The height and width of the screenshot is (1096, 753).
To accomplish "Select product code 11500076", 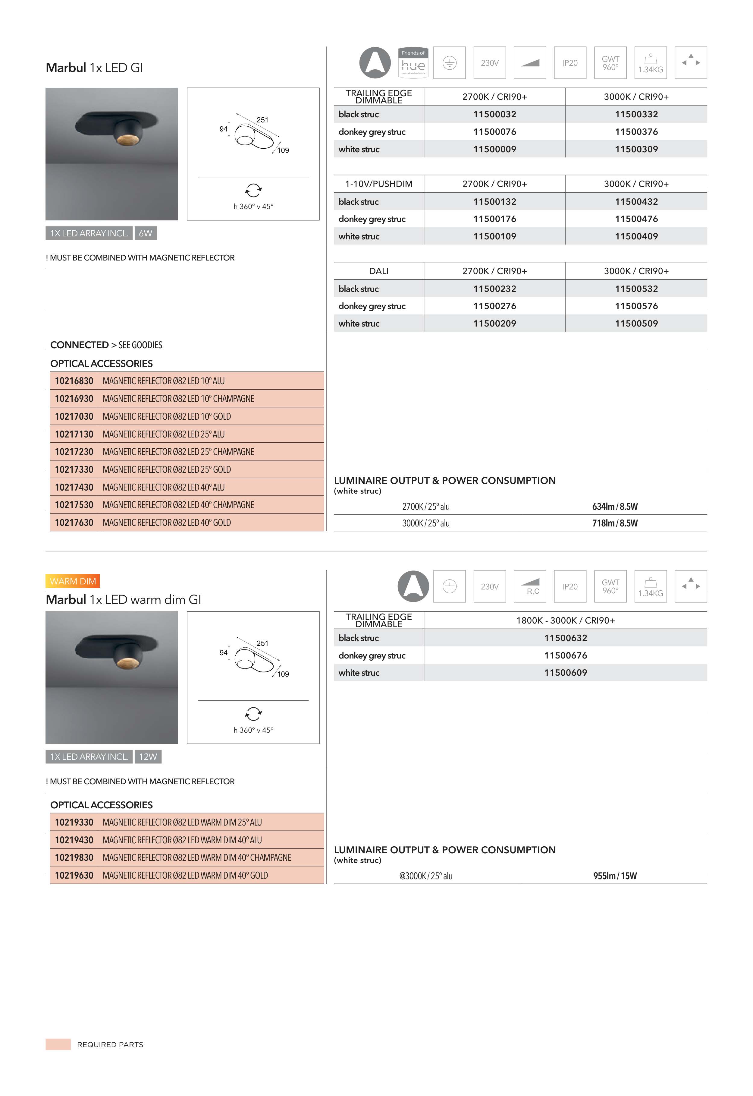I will tap(494, 132).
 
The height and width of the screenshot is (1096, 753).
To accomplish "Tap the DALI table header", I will tap(379, 271).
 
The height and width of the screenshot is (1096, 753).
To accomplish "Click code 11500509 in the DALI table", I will tap(636, 323).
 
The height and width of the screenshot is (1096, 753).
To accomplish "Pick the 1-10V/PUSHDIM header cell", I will tap(379, 184).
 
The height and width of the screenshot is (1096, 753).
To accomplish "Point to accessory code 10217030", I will tap(74, 416).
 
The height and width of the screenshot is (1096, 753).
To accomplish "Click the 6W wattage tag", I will tap(145, 233).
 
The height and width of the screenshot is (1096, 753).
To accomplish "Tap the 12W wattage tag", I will tap(148, 756).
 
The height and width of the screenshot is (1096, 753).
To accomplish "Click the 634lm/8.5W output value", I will tap(615, 507).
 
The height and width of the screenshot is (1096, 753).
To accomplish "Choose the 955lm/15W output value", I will tap(615, 876).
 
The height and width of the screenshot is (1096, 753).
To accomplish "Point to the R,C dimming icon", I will tap(530, 586).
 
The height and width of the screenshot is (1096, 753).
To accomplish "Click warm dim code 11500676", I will tap(565, 655).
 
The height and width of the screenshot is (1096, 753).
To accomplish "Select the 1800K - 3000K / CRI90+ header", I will tap(565, 620).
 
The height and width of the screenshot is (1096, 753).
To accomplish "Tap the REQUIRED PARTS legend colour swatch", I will tap(58, 1044).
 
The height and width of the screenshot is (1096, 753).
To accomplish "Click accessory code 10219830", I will tap(74, 858).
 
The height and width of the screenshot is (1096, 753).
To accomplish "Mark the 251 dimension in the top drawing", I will tap(262, 120).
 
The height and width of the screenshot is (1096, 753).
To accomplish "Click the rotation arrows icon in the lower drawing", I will tap(253, 714).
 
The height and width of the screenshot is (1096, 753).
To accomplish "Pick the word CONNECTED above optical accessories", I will tap(79, 345).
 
